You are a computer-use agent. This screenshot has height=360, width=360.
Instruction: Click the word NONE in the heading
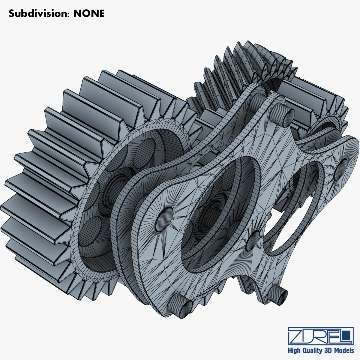tap(89, 13)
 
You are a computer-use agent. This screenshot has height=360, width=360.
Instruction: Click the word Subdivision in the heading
tap(38, 13)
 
